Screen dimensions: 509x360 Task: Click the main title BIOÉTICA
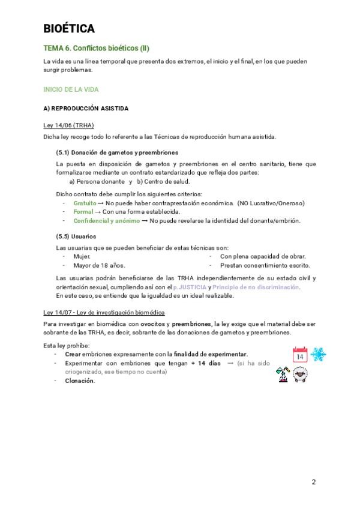coord(69,28)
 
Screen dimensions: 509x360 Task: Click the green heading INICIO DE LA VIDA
coord(71,89)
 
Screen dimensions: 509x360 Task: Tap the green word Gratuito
coord(85,203)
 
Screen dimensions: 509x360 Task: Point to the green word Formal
coord(83,212)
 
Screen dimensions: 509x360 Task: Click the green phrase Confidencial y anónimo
coord(106,220)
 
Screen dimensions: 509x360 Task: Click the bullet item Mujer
coord(82,256)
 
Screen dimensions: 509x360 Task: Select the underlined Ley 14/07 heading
coord(104,313)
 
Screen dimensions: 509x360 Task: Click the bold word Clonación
coord(80,381)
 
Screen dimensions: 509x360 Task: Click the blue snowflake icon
coord(318,354)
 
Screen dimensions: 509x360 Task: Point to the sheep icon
coord(301,374)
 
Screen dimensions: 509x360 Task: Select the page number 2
coord(314,482)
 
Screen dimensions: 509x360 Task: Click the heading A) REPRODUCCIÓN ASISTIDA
coord(86,109)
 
